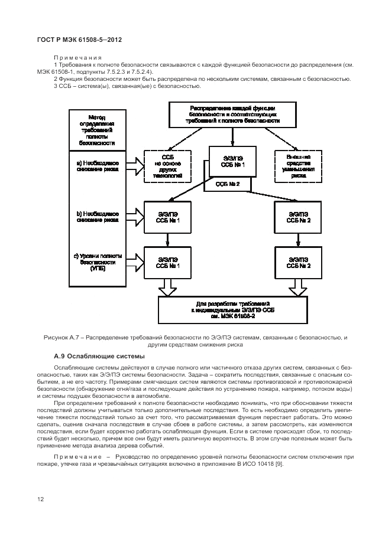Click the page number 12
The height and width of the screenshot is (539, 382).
coord(41,499)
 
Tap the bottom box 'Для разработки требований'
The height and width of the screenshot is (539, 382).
coord(232,309)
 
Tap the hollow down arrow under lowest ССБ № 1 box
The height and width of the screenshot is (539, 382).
coord(168,288)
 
